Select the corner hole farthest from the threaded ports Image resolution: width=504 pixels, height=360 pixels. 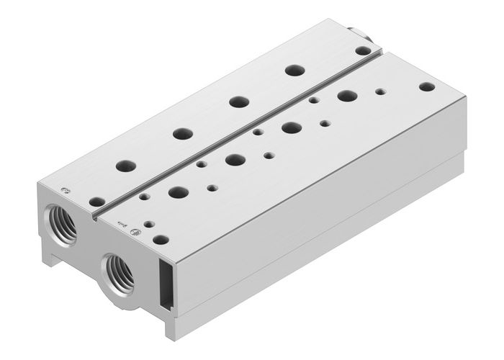click(427, 86)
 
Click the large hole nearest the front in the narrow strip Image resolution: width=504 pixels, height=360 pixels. click(126, 166)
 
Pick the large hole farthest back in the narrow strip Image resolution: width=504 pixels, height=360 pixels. click(292, 71)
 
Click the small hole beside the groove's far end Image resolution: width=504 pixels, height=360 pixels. click(365, 50)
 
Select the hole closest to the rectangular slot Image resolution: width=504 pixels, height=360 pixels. click(161, 239)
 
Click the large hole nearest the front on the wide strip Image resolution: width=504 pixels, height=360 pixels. click(177, 192)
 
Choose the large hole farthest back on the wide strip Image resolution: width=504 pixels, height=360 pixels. click(348, 95)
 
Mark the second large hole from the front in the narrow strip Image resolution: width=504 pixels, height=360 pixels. click(182, 133)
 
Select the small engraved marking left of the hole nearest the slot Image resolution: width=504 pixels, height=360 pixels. click(120, 225)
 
